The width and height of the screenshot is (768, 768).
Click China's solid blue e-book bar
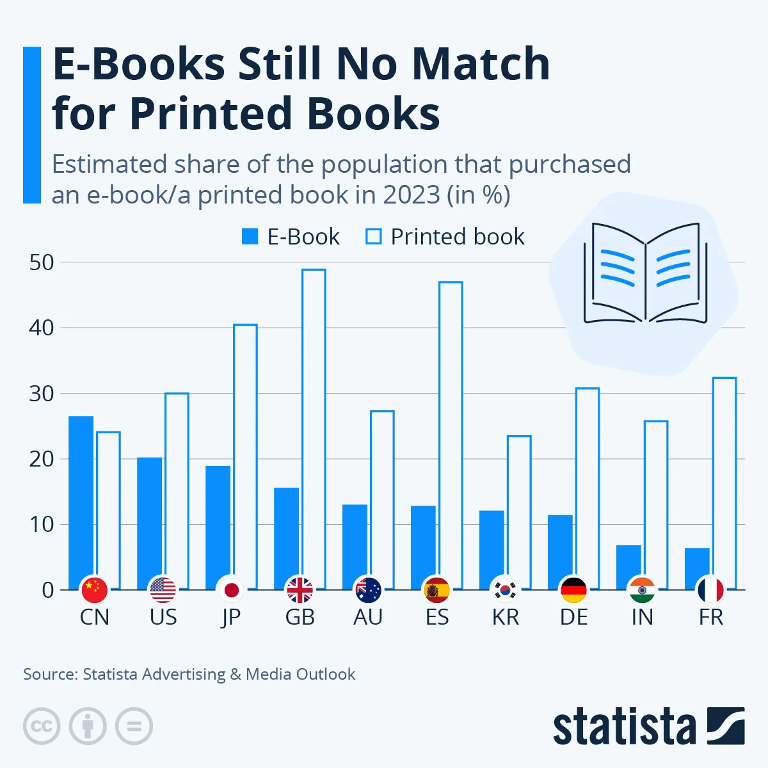(81, 499)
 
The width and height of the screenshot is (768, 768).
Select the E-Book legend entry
(291, 237)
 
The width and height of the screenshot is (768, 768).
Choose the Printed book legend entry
(445, 237)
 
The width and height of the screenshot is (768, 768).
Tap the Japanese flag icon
(231, 590)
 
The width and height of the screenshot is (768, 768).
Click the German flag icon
(573, 590)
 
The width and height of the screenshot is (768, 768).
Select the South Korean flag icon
(505, 590)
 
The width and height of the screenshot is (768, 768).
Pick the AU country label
(368, 618)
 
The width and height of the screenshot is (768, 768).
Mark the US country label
(163, 618)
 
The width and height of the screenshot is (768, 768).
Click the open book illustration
(645, 272)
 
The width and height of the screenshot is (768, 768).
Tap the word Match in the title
(480, 64)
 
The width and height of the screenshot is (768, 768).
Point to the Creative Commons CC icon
(42, 726)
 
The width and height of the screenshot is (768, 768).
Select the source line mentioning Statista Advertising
(189, 674)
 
